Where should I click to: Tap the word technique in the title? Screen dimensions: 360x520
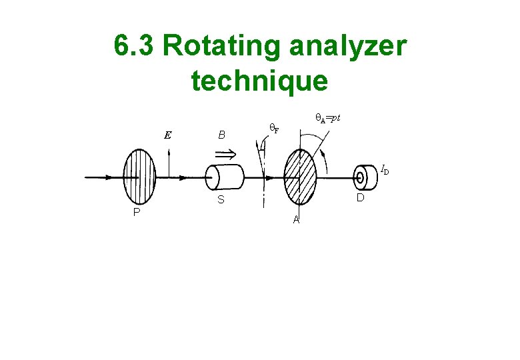259,81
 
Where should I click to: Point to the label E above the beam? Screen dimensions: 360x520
168,135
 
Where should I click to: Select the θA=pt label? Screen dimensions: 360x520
327,118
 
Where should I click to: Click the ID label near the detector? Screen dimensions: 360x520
385,170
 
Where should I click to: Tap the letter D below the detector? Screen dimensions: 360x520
360,198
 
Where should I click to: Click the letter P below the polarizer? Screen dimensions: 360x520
136,213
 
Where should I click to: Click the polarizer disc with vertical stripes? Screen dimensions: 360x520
138,177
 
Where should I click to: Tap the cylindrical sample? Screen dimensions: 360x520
223,178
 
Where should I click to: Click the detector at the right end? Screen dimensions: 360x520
364,177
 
